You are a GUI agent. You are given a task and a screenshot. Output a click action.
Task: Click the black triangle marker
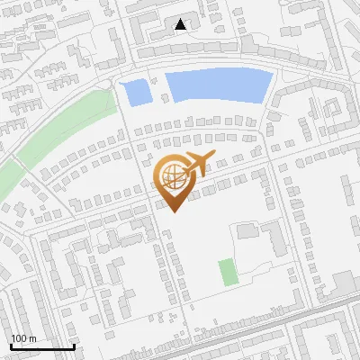point(181,24)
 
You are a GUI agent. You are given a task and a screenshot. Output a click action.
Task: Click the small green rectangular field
point(227,272)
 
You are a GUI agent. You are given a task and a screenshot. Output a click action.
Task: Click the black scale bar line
point(41,346)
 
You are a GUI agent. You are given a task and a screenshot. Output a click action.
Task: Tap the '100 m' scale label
point(23,337)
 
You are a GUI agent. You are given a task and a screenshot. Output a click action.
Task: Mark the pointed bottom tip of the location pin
point(172,212)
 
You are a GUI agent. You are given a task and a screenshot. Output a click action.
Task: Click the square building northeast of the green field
point(247,231)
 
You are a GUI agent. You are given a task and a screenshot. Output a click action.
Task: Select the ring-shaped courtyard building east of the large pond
point(332,112)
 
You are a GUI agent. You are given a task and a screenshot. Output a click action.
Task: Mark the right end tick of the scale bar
point(74,346)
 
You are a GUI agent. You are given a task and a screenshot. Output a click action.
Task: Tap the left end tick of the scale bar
point(10,346)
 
